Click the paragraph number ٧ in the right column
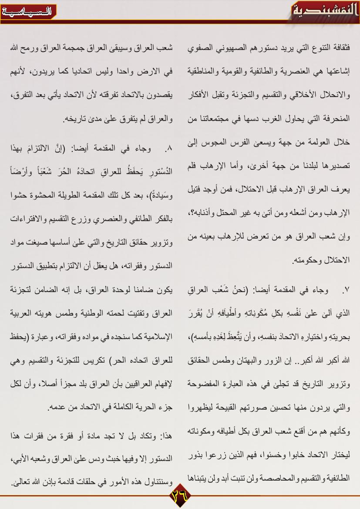[x=346, y=290]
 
